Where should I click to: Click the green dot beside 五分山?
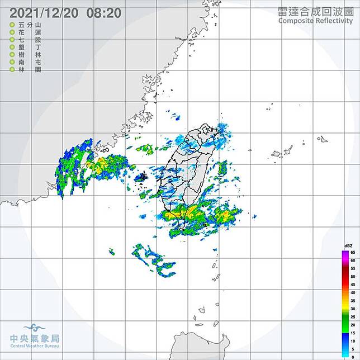pyautogui.click(x=12, y=26)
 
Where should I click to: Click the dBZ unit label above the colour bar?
pyautogui.click(x=350, y=246)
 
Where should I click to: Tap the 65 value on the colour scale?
pyautogui.click(x=353, y=253)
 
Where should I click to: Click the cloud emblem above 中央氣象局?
pyautogui.click(x=35, y=328)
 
